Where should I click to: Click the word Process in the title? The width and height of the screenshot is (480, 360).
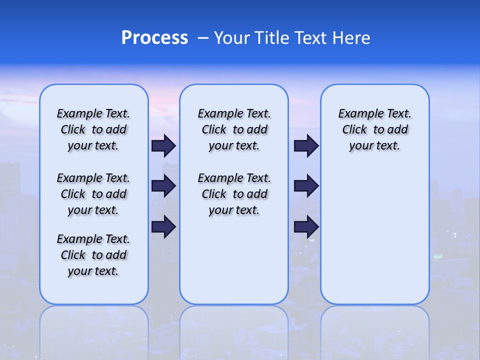[154, 38]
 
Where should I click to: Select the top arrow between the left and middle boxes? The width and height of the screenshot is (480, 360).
[163, 145]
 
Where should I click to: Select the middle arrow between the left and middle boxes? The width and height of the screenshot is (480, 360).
[163, 186]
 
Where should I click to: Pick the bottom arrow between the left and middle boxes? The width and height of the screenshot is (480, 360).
[163, 226]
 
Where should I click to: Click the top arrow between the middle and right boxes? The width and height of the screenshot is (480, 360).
[306, 145]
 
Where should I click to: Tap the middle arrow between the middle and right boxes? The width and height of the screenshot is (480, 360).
[306, 186]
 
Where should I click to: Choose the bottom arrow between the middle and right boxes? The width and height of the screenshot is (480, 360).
[306, 226]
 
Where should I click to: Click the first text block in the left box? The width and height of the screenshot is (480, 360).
[93, 129]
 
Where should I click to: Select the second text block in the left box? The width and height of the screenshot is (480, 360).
[93, 194]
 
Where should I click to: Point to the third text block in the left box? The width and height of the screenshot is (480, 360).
[93, 255]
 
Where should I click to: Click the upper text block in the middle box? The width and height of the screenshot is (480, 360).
[234, 129]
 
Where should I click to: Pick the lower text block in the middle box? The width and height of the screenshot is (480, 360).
[234, 194]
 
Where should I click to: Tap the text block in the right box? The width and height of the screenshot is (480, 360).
[374, 129]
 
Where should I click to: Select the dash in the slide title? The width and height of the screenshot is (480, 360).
[203, 38]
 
